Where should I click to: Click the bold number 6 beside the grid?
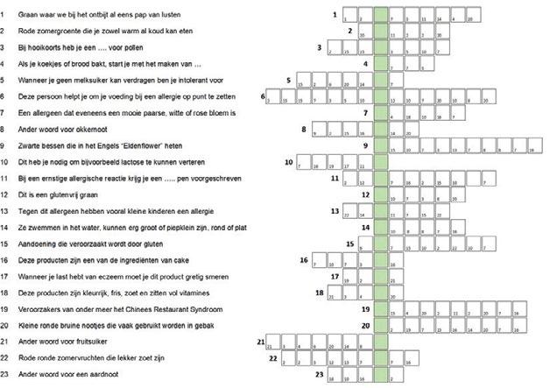[x=264, y=95]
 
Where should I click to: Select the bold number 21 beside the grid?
[x=260, y=341]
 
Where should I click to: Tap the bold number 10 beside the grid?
[x=288, y=161]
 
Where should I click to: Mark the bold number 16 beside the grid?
[x=303, y=259]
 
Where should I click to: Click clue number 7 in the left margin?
[x=4, y=113]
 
